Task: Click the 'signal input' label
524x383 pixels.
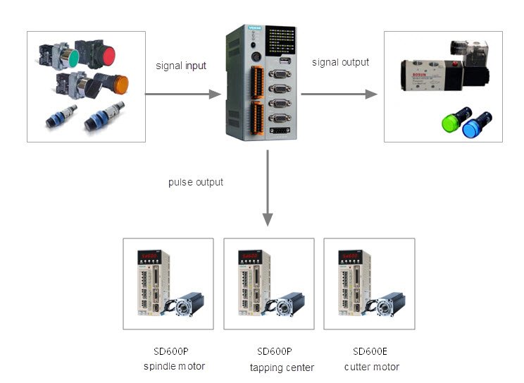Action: point(181,66)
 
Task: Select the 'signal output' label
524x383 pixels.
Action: point(340,62)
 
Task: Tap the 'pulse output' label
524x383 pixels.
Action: point(196,182)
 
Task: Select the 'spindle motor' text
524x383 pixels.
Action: point(174,366)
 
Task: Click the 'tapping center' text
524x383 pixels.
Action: point(282,367)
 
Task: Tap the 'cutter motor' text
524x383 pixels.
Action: point(372,367)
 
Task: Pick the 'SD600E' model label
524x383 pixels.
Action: point(370,351)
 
